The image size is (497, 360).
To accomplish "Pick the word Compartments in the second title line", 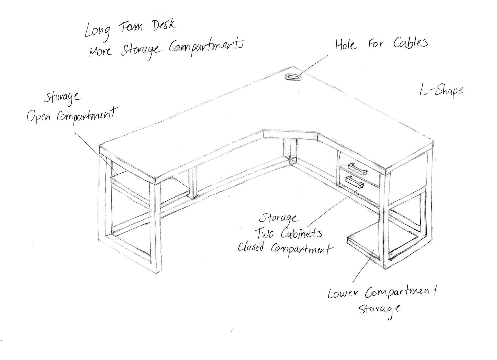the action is [x=206, y=47].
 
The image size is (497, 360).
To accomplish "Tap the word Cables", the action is [x=411, y=43].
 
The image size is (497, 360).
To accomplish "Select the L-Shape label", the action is [x=442, y=91].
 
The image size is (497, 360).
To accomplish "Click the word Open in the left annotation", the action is [x=39, y=116].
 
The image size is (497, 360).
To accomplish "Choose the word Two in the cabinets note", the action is [x=264, y=233].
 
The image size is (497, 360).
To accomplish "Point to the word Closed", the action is [x=251, y=247].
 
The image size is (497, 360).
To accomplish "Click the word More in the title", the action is [x=100, y=51].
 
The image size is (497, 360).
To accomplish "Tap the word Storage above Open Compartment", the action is [x=62, y=97].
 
